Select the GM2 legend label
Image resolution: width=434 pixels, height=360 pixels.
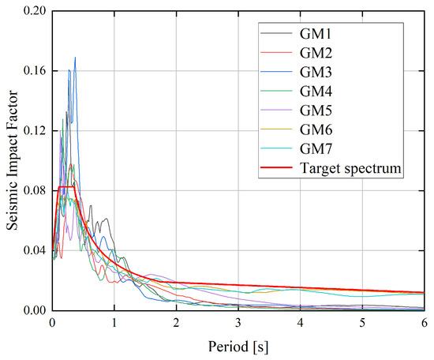[x=319, y=54]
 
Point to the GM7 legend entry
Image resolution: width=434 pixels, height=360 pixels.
[x=319, y=148]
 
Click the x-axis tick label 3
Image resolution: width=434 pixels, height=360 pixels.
[x=238, y=322]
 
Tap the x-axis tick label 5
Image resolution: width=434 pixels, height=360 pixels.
[x=362, y=322]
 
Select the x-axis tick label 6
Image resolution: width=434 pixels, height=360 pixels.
[x=424, y=322]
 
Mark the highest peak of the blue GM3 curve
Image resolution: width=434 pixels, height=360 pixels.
[x=75, y=58]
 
